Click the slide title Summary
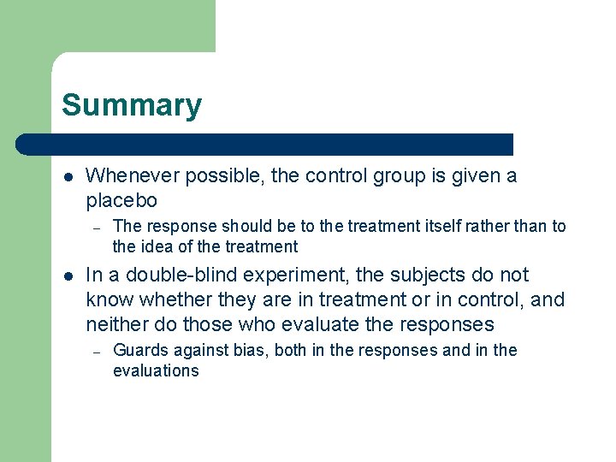click(132, 106)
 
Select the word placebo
click(121, 201)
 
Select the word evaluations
click(156, 371)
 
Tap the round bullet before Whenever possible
click(68, 177)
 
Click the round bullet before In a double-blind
click(68, 275)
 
